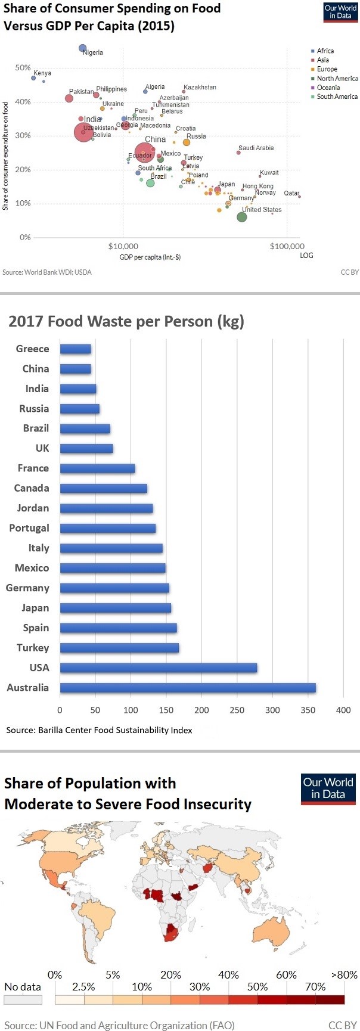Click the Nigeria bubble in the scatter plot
(83, 48)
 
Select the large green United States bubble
(242, 217)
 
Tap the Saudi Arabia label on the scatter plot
(256, 148)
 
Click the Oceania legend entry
(328, 88)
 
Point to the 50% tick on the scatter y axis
(23, 68)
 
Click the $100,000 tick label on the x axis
(287, 246)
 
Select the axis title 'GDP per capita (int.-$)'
(150, 257)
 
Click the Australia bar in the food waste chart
(188, 688)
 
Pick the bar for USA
(159, 668)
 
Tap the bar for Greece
(76, 349)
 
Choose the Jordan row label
(33, 508)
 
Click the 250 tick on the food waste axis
(237, 710)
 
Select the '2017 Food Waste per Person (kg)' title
(126, 322)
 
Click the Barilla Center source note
(99, 730)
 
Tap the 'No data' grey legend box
(23, 1000)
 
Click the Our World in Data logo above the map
(328, 788)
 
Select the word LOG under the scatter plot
(306, 256)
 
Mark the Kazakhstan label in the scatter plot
(200, 88)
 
